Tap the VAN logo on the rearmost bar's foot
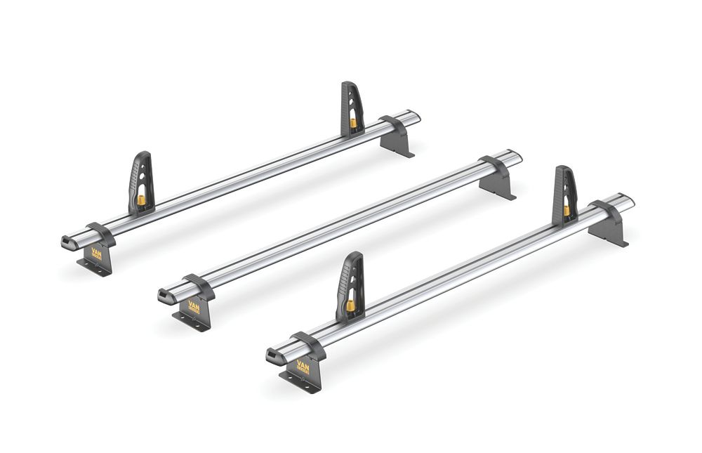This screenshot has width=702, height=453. [97, 254]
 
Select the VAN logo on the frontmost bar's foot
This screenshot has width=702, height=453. [303, 367]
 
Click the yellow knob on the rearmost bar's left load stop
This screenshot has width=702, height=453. [140, 201]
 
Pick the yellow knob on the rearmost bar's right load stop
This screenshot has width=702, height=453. [353, 124]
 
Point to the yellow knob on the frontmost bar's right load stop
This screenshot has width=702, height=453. [566, 210]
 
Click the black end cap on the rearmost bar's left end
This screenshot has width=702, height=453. [68, 242]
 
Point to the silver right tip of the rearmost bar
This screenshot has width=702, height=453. [414, 115]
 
